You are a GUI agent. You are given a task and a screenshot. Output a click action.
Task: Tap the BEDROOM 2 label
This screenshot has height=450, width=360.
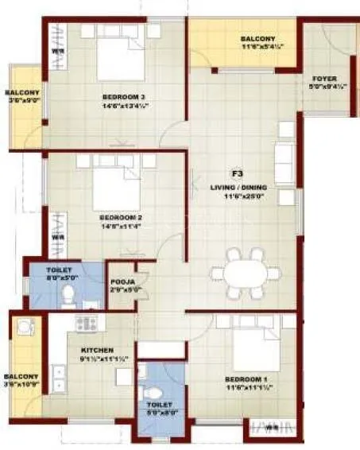click(x=121, y=217)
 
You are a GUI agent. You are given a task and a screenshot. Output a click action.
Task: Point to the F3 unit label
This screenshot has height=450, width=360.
click(x=236, y=173)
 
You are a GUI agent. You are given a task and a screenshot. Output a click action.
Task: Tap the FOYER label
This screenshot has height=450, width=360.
click(x=325, y=80)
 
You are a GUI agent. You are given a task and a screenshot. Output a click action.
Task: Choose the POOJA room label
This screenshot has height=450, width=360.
click(x=123, y=281)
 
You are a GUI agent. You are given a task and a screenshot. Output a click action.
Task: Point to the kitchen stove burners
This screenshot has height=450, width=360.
click(x=86, y=323)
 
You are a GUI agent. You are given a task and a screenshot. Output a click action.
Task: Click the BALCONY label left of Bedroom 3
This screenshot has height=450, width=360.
click(x=21, y=92)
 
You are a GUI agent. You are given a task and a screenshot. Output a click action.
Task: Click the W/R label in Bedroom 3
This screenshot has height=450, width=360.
click(x=56, y=53)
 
